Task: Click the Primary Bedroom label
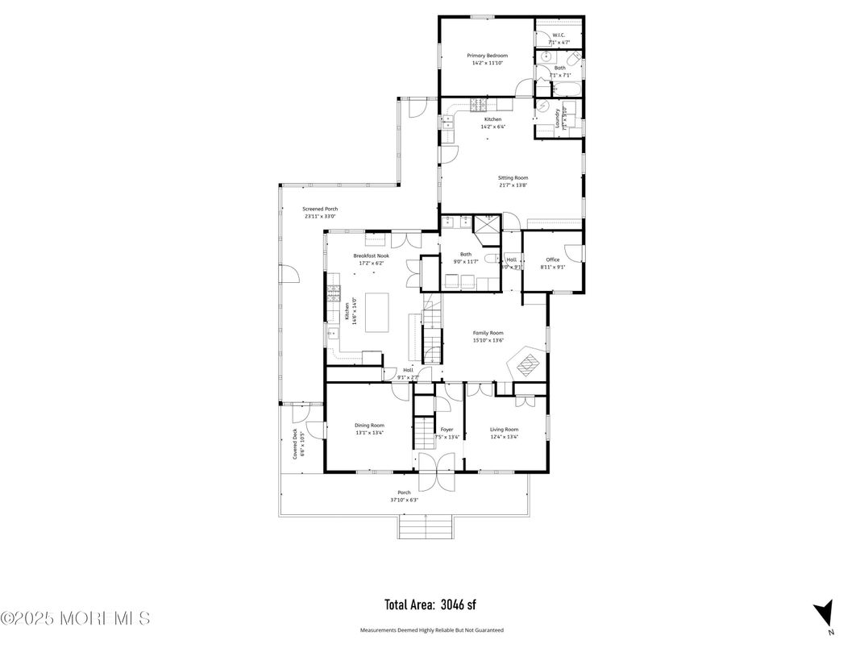coord(487,56)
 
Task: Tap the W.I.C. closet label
coord(559,35)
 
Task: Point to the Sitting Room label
coord(513,177)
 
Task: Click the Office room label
coord(552,260)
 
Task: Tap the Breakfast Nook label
coord(371,255)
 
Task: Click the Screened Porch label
coord(320,209)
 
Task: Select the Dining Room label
coord(369,426)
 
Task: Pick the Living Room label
coord(504,430)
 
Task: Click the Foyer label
coord(447,430)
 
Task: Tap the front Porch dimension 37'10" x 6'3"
coord(404,500)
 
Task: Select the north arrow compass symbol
coord(823,613)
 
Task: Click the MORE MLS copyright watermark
coord(75,618)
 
